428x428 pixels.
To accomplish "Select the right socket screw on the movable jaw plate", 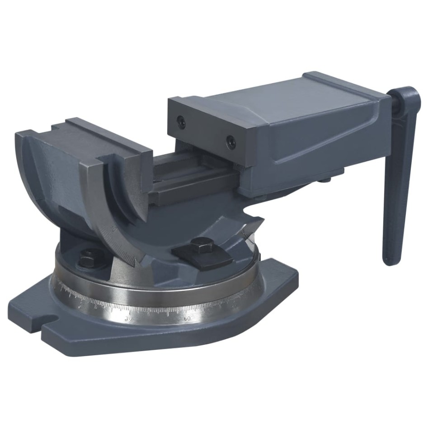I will tap(231, 142).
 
